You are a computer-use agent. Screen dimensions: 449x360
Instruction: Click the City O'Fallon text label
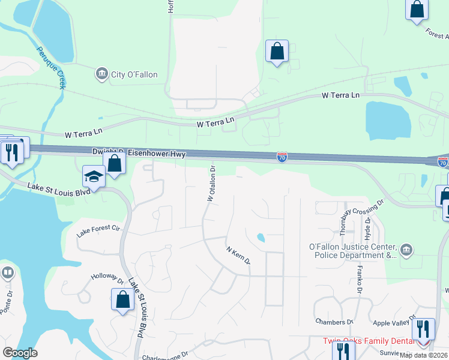pyautogui.click(x=134, y=74)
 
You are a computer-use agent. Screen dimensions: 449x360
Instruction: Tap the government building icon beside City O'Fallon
pyautogui.click(x=100, y=74)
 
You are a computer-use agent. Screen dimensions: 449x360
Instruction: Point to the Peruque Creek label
pyautogui.click(x=50, y=67)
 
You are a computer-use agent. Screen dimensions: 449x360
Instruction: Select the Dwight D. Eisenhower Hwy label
pyautogui.click(x=139, y=153)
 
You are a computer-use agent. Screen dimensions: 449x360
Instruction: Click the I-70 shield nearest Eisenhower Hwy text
pyautogui.click(x=282, y=157)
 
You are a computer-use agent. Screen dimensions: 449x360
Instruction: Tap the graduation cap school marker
pyautogui.click(x=94, y=176)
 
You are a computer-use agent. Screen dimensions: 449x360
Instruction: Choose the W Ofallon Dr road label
pyautogui.click(x=211, y=181)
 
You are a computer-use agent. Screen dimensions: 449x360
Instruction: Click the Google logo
pyautogui.click(x=20, y=353)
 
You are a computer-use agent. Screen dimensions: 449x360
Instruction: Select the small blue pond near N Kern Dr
pyautogui.click(x=261, y=238)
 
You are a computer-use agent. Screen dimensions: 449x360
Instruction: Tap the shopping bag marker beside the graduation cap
pyautogui.click(x=114, y=163)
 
